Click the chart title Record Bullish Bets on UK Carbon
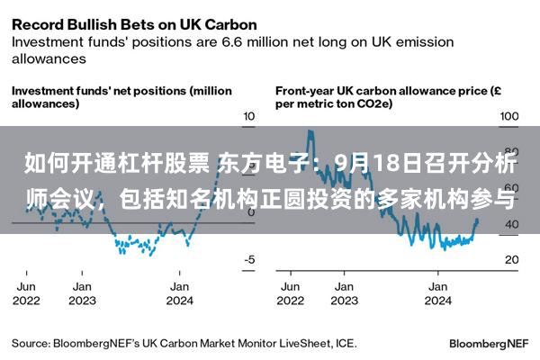[134, 25]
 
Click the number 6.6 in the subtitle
[233, 42]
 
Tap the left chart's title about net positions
[121, 97]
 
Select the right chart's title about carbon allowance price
[388, 97]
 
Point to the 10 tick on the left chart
[249, 116]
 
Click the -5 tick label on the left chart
[249, 259]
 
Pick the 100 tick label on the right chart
[509, 116]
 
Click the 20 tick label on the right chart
[512, 259]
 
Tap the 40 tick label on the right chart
[512, 224]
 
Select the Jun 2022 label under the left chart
[26, 293]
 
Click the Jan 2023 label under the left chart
[82, 293]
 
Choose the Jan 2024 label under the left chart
[179, 293]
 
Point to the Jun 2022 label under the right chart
[291, 293]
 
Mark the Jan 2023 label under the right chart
[345, 293]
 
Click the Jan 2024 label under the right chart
[437, 293]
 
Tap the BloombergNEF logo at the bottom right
[489, 344]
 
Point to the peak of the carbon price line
[310, 130]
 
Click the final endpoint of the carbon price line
[477, 220]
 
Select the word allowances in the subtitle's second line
[49, 58]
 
